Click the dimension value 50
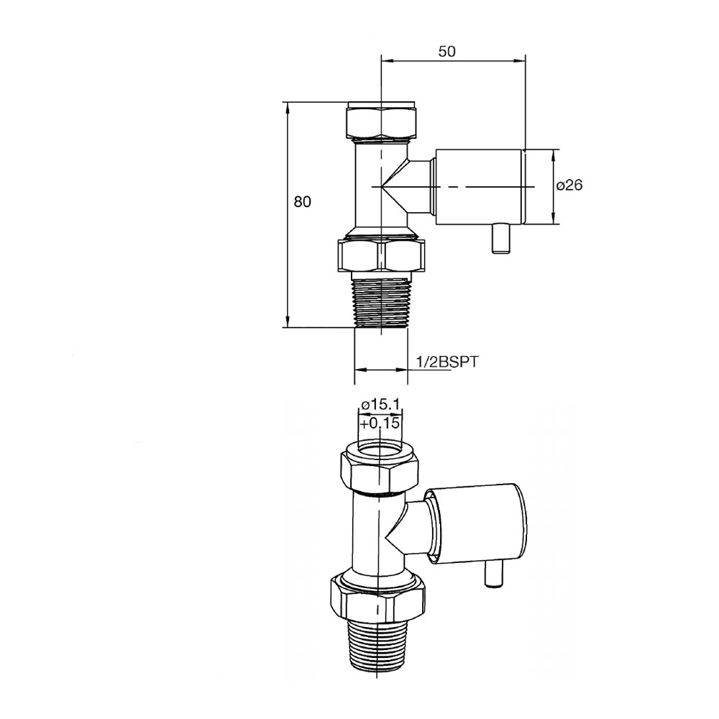[x=446, y=51]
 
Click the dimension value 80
[x=302, y=202]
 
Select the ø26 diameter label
[x=569, y=186]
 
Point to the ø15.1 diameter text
[x=380, y=405]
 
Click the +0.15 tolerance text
[x=380, y=424]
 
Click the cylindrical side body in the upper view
[x=478, y=186]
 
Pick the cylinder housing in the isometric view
[x=478, y=521]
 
